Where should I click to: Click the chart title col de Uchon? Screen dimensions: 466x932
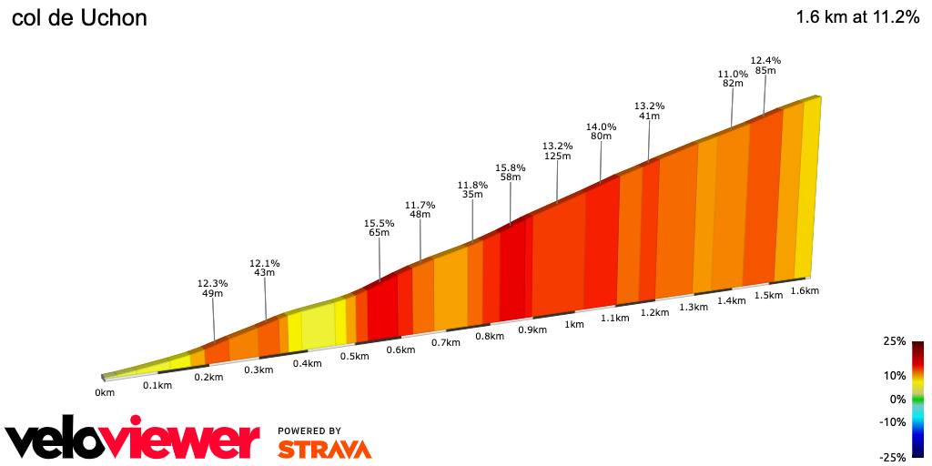(x=79, y=18)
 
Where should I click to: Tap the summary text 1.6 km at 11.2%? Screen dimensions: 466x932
(x=857, y=17)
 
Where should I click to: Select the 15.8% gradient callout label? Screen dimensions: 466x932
(x=511, y=167)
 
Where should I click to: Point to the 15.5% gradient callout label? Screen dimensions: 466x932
(x=379, y=223)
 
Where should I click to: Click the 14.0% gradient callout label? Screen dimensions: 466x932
(x=601, y=127)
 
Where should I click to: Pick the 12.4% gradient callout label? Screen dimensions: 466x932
(x=765, y=60)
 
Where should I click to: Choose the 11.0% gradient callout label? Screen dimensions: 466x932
(x=733, y=74)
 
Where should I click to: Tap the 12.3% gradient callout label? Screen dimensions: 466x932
(x=212, y=283)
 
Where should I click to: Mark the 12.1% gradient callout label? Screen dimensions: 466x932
(x=264, y=263)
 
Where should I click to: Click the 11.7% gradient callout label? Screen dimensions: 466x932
(x=420, y=205)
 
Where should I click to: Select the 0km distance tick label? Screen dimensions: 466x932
(x=105, y=392)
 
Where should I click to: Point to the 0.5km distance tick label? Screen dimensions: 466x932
(x=355, y=356)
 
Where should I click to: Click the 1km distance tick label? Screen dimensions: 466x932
(x=574, y=324)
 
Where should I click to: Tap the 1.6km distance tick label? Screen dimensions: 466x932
(x=805, y=291)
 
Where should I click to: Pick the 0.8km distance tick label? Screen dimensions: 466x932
(x=490, y=337)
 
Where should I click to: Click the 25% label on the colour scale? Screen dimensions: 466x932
(x=894, y=341)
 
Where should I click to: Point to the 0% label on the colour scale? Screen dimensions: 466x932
(x=897, y=399)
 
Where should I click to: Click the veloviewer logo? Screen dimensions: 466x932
(x=133, y=440)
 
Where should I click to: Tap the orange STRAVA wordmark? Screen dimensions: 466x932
(x=324, y=449)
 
